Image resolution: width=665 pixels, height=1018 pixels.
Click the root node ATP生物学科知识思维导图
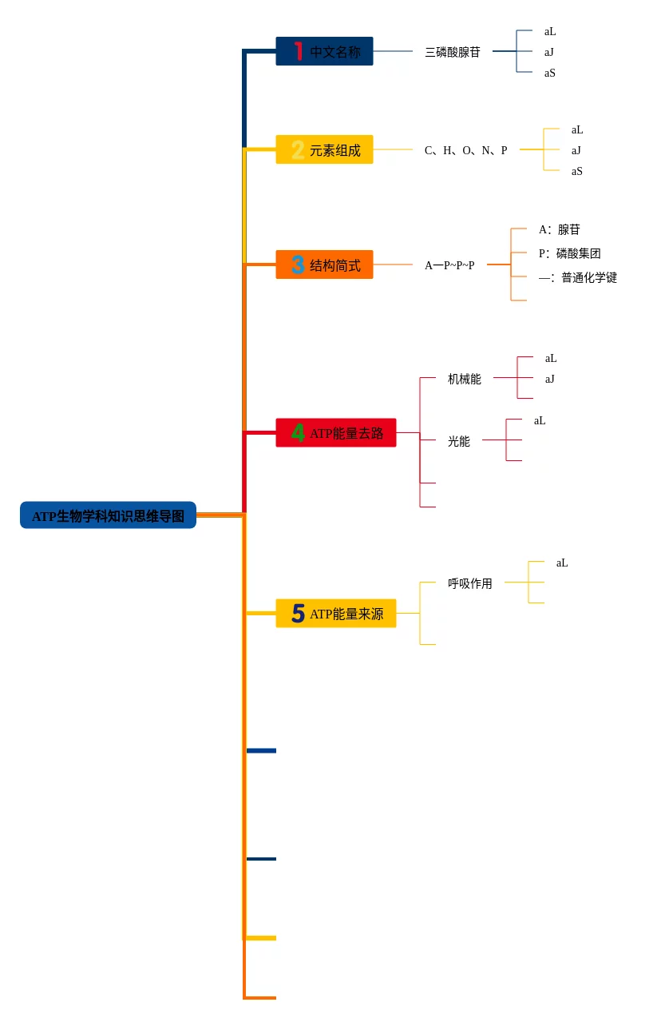click(108, 516)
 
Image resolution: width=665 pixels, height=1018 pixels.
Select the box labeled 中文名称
click(324, 52)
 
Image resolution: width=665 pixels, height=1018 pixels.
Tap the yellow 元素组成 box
click(324, 150)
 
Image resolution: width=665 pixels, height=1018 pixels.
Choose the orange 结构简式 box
click(324, 265)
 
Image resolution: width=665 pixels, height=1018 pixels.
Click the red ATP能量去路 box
click(336, 433)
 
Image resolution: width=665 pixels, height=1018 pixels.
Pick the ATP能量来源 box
click(336, 614)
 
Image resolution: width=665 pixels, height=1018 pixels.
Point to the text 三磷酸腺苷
click(453, 52)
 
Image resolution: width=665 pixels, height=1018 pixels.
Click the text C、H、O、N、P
click(465, 150)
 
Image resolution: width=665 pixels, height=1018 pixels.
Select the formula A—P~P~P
click(449, 265)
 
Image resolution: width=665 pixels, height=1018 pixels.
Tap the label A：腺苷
click(559, 229)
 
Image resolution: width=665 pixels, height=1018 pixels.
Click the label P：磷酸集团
click(569, 253)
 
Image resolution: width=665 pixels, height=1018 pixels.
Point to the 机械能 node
click(465, 379)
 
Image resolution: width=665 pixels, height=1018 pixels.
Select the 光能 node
click(459, 441)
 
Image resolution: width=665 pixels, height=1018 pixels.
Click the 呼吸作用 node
click(470, 583)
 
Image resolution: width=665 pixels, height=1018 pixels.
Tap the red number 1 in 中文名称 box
click(298, 51)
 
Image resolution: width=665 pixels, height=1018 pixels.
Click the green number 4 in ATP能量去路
click(298, 432)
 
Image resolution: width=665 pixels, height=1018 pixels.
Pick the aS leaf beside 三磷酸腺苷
click(550, 73)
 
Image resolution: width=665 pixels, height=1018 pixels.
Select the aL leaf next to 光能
click(540, 420)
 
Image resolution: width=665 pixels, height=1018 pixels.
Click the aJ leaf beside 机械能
click(550, 379)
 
